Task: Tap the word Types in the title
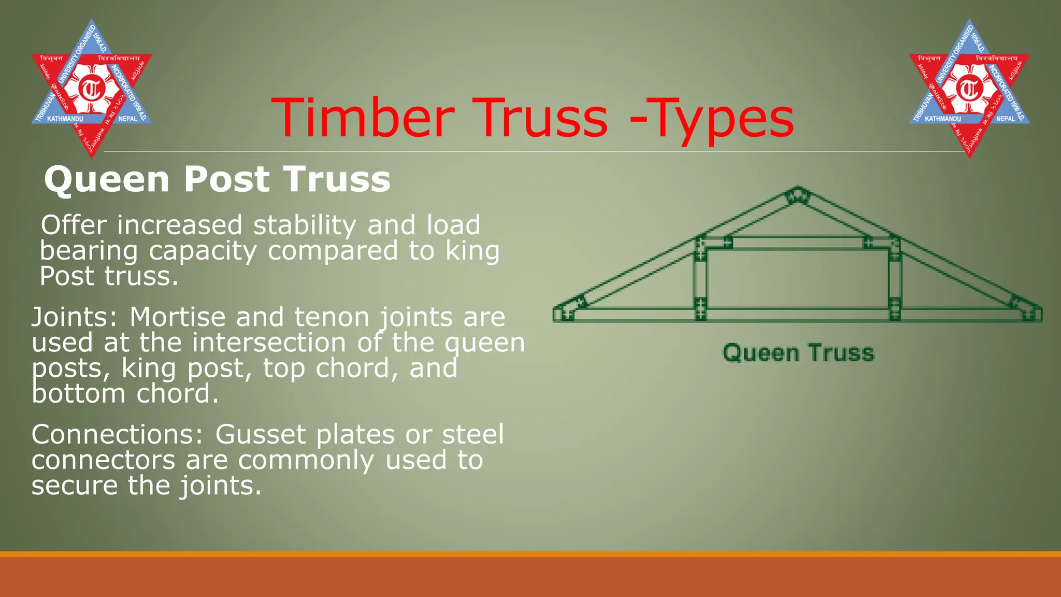point(720,120)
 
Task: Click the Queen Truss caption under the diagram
point(798,353)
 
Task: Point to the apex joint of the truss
point(797,196)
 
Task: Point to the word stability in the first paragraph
point(304,225)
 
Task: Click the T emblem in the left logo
point(92,89)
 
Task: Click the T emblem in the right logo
point(969,89)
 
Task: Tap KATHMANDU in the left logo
point(65,119)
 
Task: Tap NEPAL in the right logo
point(1006,119)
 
